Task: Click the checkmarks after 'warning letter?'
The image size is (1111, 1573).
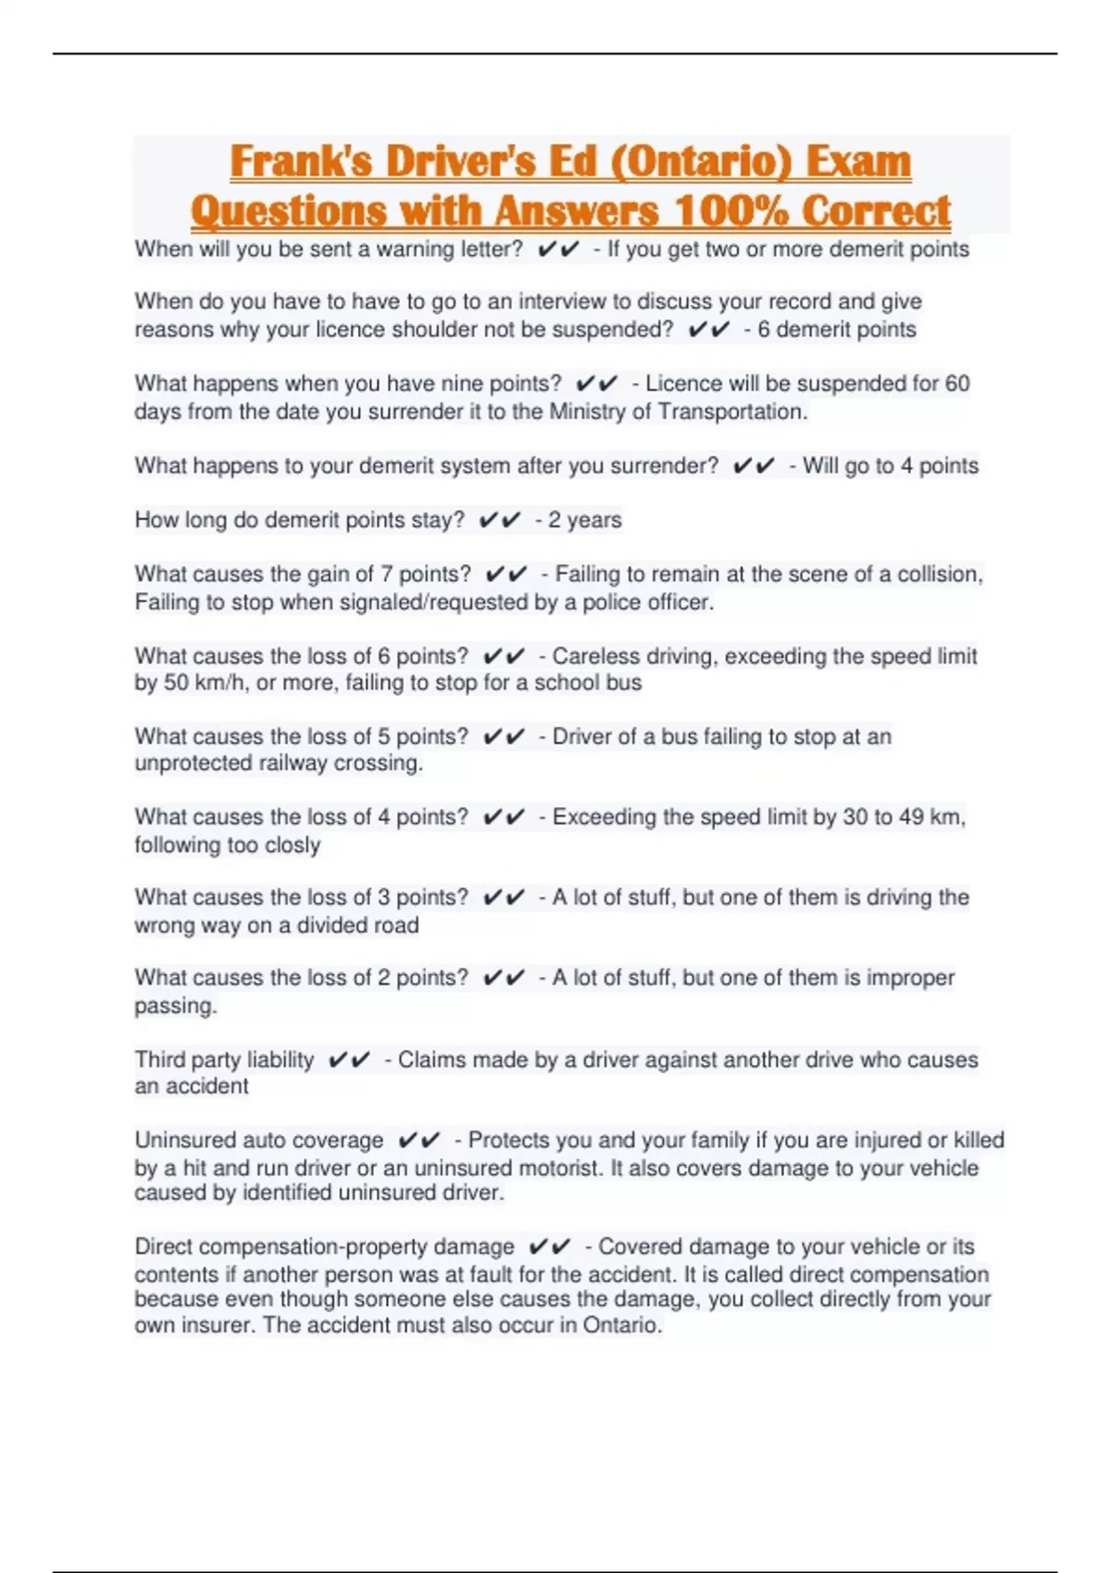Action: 558,250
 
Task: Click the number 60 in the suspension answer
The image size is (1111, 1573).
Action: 956,384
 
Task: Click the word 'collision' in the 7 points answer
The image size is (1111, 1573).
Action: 943,575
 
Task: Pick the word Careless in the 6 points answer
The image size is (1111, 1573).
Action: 592,656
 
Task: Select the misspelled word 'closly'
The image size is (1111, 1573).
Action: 293,845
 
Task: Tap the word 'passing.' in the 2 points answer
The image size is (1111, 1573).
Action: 176,1006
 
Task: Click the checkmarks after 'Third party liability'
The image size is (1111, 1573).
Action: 349,1060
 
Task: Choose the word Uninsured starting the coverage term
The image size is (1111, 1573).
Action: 181,1141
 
